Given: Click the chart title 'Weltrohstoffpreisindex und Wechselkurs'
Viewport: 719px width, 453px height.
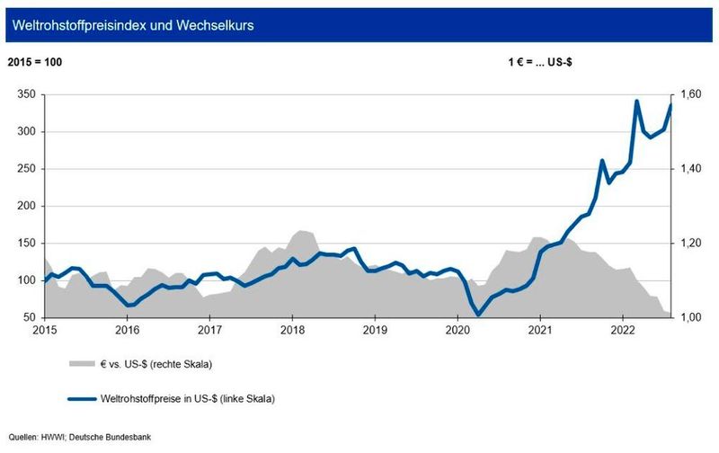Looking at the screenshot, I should click(x=131, y=26).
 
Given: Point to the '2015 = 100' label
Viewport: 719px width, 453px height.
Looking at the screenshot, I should click(x=37, y=64).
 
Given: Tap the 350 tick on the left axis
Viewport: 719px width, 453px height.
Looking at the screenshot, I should click(x=27, y=94).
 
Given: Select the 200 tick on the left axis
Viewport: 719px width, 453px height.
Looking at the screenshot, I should click(x=27, y=206).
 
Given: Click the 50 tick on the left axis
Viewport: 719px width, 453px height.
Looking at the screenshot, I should click(x=31, y=317).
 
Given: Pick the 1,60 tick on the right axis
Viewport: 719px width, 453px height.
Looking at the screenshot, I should click(x=689, y=94).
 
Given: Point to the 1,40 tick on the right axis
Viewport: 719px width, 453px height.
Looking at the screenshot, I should click(x=689, y=169).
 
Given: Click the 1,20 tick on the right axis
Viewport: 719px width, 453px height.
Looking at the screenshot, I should click(x=689, y=244).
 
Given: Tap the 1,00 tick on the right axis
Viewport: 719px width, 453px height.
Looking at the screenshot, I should click(x=689, y=317).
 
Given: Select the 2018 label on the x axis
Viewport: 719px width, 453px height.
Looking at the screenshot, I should click(x=292, y=331).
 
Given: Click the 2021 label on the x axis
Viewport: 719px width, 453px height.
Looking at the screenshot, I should click(x=540, y=331).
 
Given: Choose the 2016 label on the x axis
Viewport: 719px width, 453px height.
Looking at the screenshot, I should click(x=127, y=331).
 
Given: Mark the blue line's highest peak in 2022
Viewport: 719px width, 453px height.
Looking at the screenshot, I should click(x=637, y=101).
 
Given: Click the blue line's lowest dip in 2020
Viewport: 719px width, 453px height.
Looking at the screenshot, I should click(x=478, y=315).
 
